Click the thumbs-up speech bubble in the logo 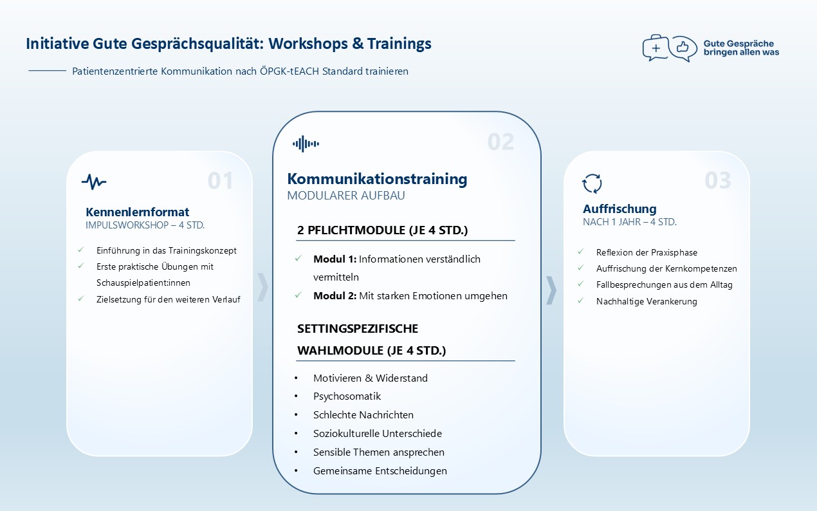tap(683, 48)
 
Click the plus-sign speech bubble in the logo tap(656, 48)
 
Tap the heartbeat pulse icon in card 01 tap(94, 181)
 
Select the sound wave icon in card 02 tap(306, 144)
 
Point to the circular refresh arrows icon tap(592, 183)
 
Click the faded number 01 tap(220, 180)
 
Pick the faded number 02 tap(500, 142)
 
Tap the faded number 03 tap(717, 180)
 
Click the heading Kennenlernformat tap(138, 212)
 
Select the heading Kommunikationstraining tap(377, 179)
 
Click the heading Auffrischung tap(620, 209)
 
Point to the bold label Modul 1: tap(335, 259)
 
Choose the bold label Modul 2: tap(335, 295)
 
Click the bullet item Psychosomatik tap(347, 396)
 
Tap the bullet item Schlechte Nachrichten tap(363, 415)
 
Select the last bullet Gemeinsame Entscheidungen tap(380, 471)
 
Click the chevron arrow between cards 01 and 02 tap(262, 287)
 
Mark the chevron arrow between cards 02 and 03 tap(551, 290)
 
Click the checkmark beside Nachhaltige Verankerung tap(581, 301)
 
